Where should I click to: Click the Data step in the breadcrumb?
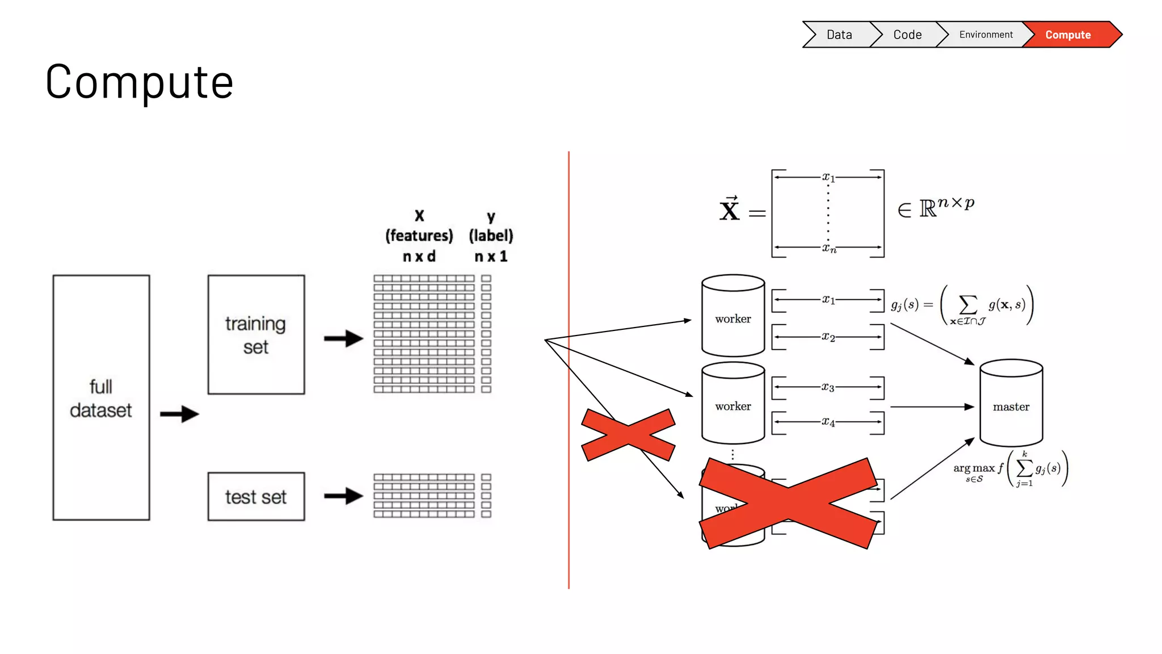pyautogui.click(x=839, y=35)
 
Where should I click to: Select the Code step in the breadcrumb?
pyautogui.click(x=907, y=35)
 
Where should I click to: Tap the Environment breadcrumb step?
pyautogui.click(x=985, y=35)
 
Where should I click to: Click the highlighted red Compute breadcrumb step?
pyautogui.click(x=1068, y=35)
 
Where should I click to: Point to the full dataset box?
pyautogui.click(x=101, y=397)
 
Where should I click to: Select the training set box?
pyautogui.click(x=256, y=335)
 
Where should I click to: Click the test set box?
pyautogui.click(x=256, y=497)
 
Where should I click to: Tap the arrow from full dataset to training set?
pyautogui.click(x=179, y=414)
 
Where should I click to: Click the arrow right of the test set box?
pyautogui.click(x=343, y=496)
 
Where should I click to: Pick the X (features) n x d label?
pyautogui.click(x=419, y=236)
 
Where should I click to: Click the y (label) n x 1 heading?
pyautogui.click(x=491, y=236)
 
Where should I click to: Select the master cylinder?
pyautogui.click(x=1011, y=404)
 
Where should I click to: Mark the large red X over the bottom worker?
pyautogui.click(x=789, y=504)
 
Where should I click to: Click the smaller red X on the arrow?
pyautogui.click(x=629, y=435)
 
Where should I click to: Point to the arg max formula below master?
pyautogui.click(x=1010, y=469)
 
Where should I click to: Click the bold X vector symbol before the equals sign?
pyautogui.click(x=730, y=210)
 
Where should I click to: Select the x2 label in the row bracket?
pyautogui.click(x=828, y=337)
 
